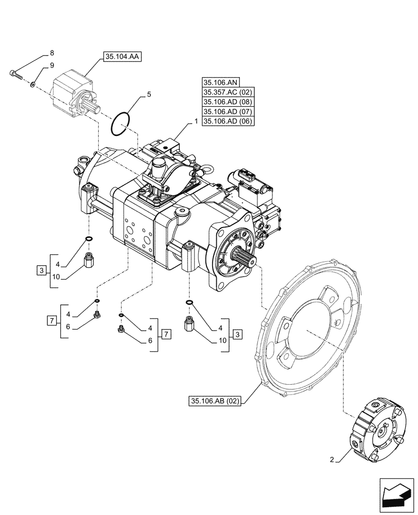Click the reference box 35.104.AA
tap(123, 58)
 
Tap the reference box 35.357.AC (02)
tap(229, 92)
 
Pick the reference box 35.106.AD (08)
tap(229, 102)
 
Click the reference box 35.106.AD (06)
tap(229, 122)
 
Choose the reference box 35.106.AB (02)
tap(215, 401)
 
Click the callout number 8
tap(51, 53)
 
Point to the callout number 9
tap(51, 65)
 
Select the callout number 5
tap(149, 94)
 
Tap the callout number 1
tap(196, 122)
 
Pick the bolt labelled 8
tap(16, 75)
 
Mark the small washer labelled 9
tap(32, 83)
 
